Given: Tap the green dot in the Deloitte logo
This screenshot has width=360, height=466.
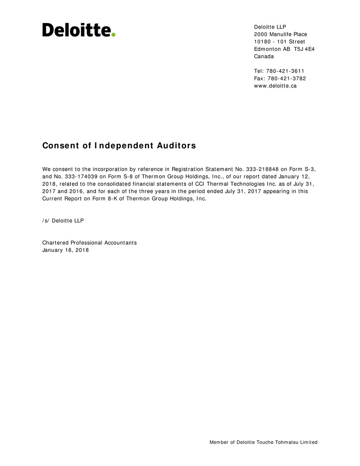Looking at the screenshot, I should tap(114, 34).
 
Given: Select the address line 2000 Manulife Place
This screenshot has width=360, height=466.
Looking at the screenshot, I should tap(280, 34).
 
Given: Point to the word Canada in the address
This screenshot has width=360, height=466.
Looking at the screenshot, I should tap(264, 56).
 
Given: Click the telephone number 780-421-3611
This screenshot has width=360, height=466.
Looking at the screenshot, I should tap(285, 71).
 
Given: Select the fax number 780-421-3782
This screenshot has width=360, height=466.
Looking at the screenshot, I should tap(287, 78).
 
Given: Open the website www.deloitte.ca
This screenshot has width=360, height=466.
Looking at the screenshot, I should tap(275, 86).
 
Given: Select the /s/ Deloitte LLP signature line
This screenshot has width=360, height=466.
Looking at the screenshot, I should tap(63, 220).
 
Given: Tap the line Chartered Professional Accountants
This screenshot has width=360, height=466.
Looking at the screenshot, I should tap(89, 242).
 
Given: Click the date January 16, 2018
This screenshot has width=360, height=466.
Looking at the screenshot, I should tap(65, 250).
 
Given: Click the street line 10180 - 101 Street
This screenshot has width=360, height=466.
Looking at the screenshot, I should tap(279, 42).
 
